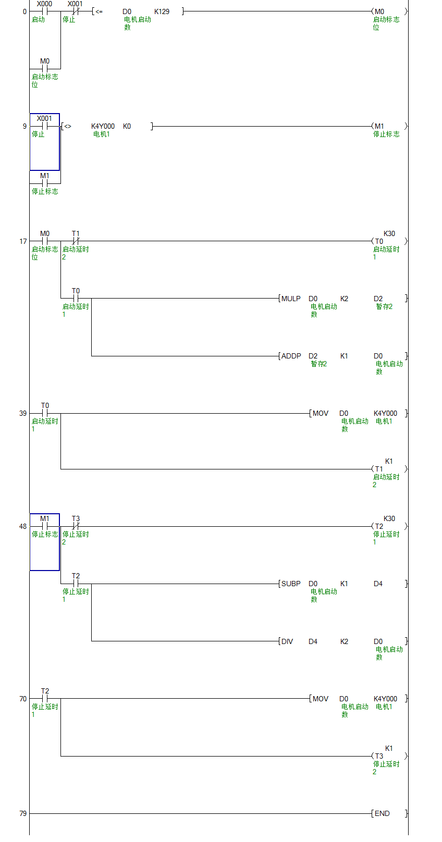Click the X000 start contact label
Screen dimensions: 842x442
point(44,4)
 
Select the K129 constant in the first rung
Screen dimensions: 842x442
point(162,11)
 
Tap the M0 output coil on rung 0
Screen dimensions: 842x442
point(379,11)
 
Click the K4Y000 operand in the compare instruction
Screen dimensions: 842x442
point(103,126)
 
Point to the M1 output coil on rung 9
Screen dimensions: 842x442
point(379,126)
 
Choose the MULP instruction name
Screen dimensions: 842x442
point(291,299)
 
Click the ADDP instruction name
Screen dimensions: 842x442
point(291,356)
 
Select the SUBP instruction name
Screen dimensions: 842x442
point(291,584)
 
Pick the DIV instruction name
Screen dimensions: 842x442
point(287,641)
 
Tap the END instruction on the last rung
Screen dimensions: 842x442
point(382,813)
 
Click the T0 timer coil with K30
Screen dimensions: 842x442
point(379,241)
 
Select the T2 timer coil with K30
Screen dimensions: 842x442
point(379,526)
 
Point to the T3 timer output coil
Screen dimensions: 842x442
point(379,756)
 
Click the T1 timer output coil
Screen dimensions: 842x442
point(379,469)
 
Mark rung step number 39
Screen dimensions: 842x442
point(23,413)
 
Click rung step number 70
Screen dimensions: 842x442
point(23,699)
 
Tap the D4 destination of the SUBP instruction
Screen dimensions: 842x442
point(378,584)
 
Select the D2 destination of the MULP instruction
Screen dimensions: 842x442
point(378,299)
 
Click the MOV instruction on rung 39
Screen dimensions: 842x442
point(320,413)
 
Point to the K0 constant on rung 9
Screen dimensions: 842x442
point(127,126)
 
